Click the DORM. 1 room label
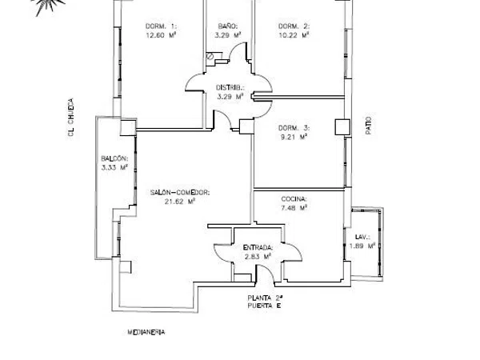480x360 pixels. pos(161,26)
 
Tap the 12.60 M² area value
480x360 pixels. pos(161,35)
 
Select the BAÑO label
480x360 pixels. pos(228,26)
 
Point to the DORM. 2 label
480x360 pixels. pos(294,26)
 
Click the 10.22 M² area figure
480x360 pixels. pos(294,35)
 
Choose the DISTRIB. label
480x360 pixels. pos(230,87)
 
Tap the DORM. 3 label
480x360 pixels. pos(294,128)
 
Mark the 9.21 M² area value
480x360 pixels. pos(294,137)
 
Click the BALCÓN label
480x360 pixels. pos(114,158)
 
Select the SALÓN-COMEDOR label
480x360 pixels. pos(180,193)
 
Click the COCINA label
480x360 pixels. pos(294,199)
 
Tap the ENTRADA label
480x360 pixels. pos(258,247)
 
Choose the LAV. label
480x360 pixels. pos(362,237)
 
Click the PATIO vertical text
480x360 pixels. pos(369,126)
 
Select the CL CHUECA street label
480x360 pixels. pos(70,118)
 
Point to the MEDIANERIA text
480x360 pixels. pos(146,332)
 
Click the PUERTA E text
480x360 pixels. pos(264,306)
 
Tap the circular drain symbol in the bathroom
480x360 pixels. pos(210,56)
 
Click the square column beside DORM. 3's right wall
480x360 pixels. pos(342,126)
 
